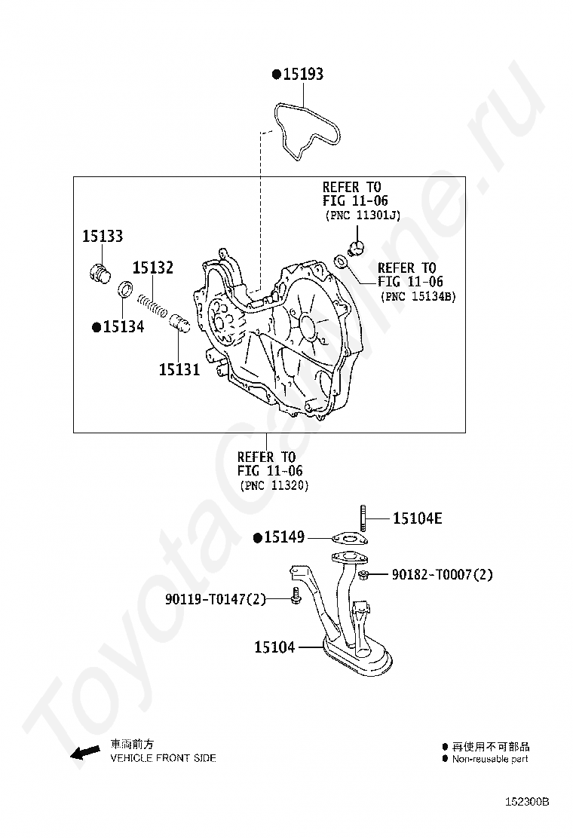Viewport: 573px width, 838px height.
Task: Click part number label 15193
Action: tap(302, 74)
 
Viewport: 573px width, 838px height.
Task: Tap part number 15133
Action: tap(103, 237)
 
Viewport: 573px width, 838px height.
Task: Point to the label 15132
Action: tap(153, 268)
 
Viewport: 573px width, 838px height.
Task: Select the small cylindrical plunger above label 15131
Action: tap(180, 326)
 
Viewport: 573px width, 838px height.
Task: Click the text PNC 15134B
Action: tap(418, 297)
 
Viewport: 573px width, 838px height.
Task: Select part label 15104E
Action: tap(417, 518)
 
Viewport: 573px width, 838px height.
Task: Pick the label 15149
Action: tap(283, 537)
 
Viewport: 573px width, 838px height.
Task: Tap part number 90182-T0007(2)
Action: tap(442, 575)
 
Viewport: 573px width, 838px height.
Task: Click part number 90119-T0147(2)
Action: tap(216, 600)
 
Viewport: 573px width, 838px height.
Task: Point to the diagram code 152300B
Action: tap(527, 802)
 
